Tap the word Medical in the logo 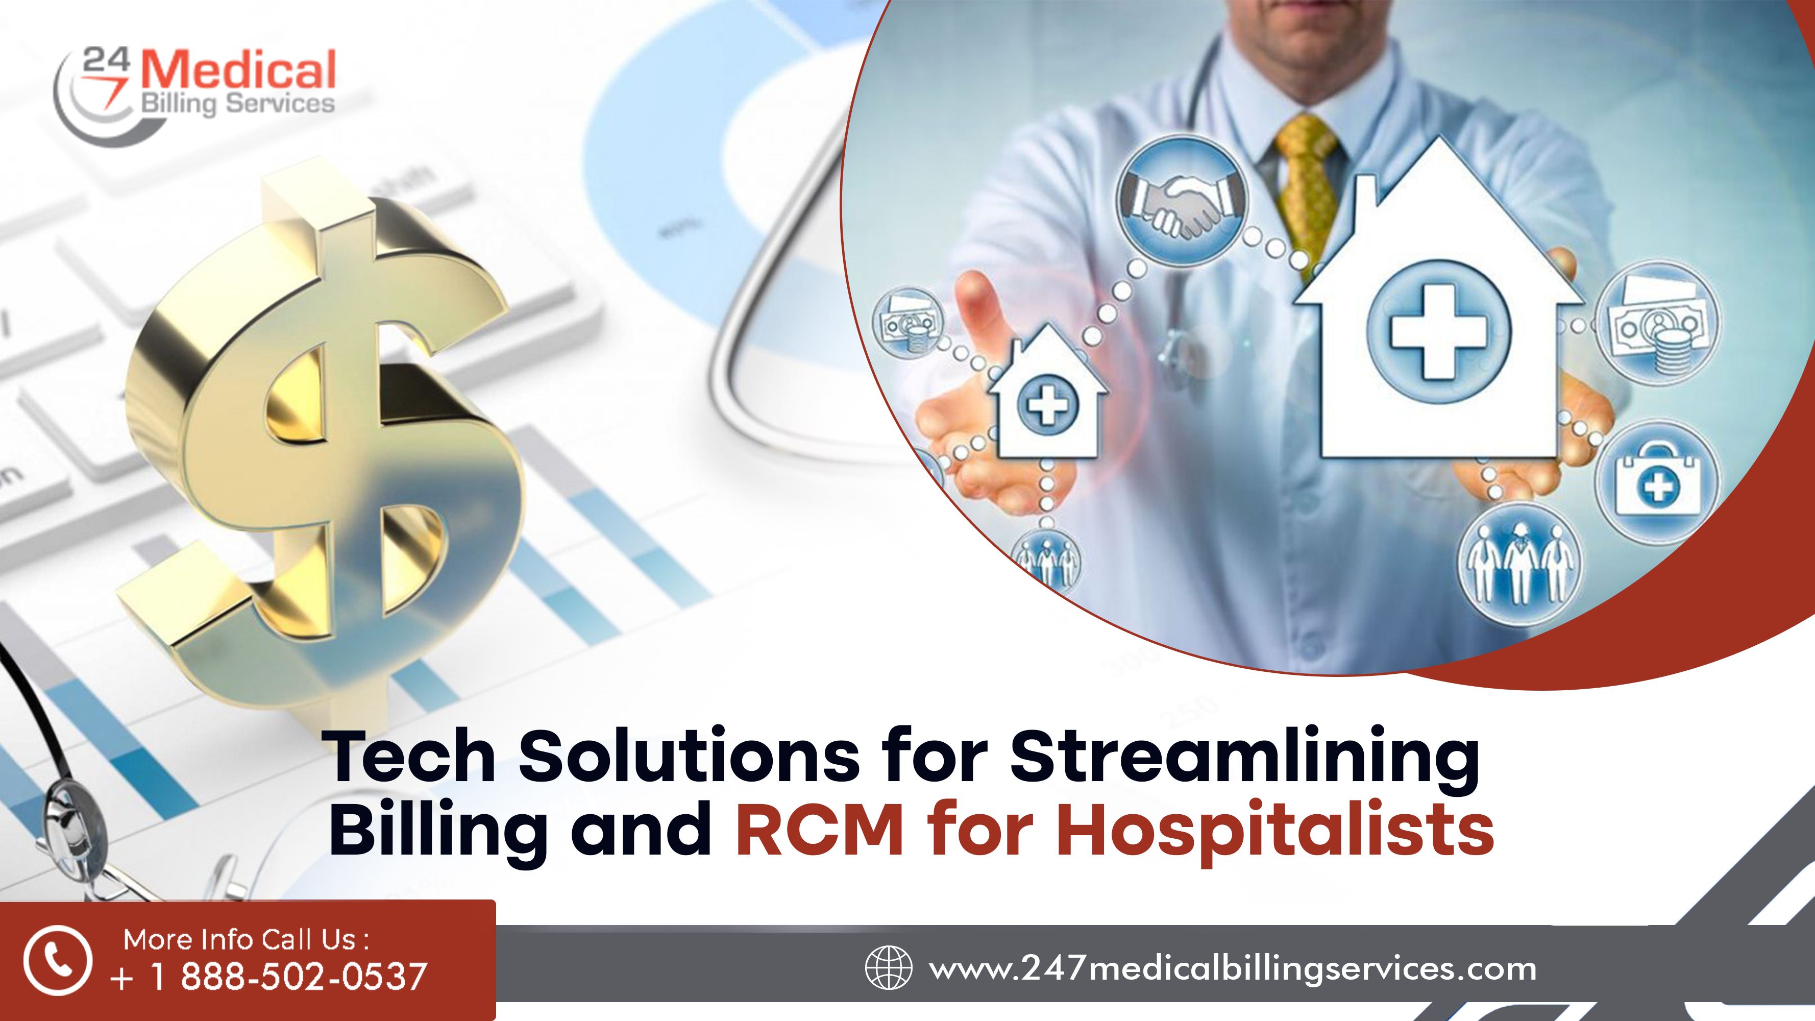click(238, 70)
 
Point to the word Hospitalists click(1276, 832)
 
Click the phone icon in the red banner click(58, 960)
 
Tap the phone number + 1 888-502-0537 click(268, 977)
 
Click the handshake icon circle click(1182, 201)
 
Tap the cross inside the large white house click(1439, 332)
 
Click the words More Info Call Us click(246, 939)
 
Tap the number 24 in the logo click(106, 61)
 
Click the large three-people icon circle click(1518, 564)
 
